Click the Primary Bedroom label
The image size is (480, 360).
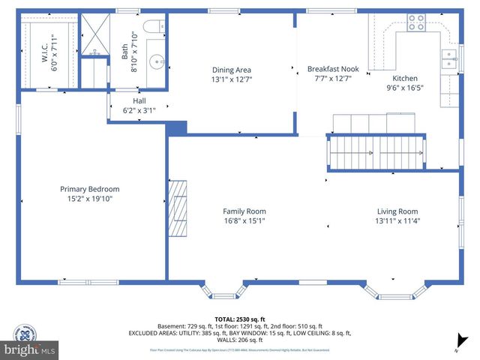[x=90, y=189]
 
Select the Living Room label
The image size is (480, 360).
[x=397, y=211]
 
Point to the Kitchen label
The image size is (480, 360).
[x=405, y=78]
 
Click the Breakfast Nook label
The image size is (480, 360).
[x=333, y=69]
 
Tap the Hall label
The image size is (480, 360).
[x=139, y=100]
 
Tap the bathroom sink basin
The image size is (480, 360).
[x=156, y=62]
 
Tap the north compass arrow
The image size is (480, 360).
[x=463, y=343]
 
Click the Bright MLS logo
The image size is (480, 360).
[x=30, y=349]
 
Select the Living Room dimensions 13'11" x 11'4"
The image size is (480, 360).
[x=397, y=221]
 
